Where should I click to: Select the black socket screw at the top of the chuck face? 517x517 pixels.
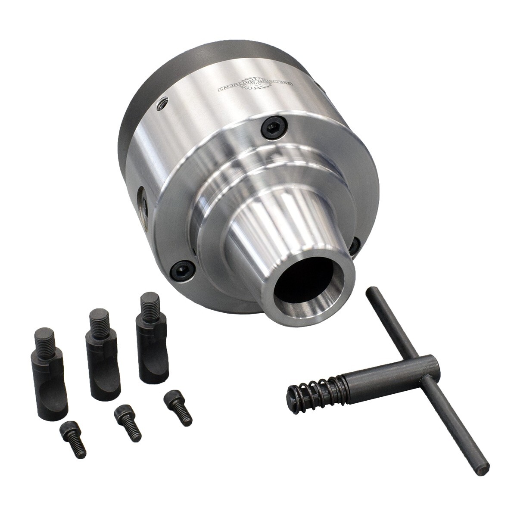click(274, 127)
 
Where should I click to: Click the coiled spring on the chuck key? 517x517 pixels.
click(310, 389)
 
